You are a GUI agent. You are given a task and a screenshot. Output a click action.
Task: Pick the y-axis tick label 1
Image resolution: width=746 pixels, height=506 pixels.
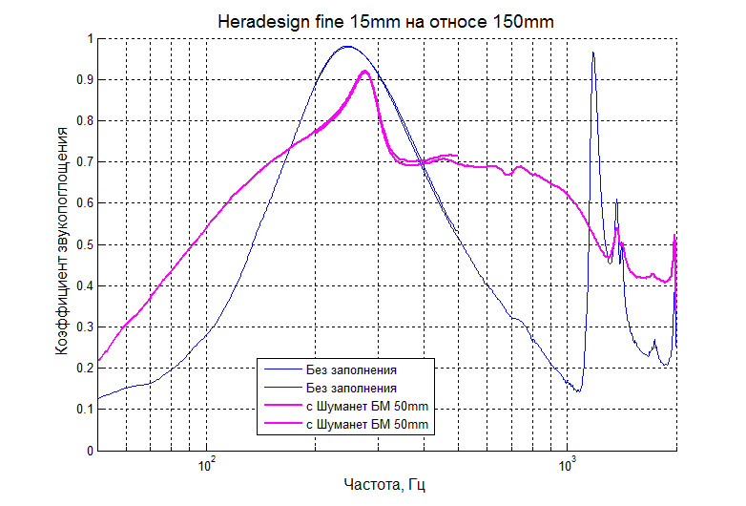point(89,39)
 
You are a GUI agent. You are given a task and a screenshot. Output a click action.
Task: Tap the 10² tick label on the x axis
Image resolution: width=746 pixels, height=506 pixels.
point(207,465)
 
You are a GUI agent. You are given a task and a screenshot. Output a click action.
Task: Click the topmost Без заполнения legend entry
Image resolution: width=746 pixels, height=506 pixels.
point(351,368)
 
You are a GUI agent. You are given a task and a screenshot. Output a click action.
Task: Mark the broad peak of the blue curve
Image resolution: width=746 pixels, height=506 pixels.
point(347,46)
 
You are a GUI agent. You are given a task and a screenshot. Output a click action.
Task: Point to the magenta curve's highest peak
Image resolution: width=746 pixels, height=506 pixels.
point(365,72)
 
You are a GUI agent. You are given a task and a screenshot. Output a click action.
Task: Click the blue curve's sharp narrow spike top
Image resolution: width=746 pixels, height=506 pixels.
point(593,53)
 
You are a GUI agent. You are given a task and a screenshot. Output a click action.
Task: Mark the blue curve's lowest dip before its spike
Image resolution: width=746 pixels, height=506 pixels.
point(578,391)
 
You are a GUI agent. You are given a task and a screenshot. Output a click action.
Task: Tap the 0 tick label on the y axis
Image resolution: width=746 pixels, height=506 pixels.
point(89,450)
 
